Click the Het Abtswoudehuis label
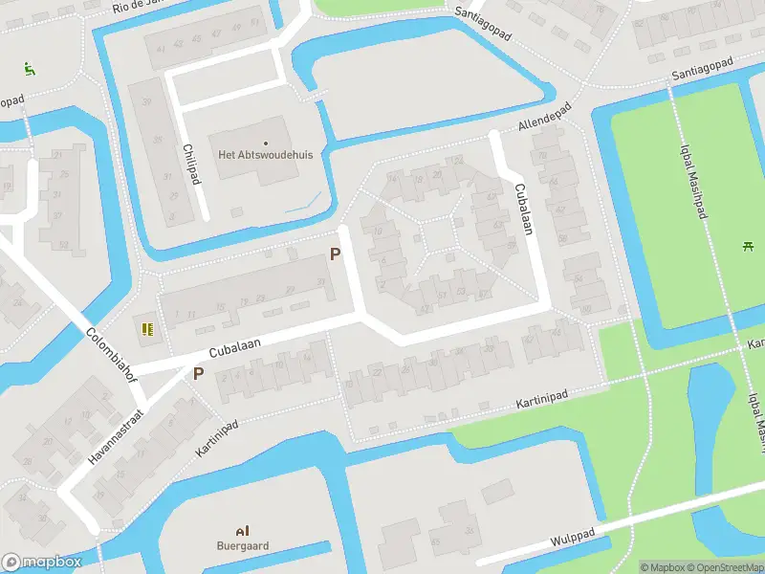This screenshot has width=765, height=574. [266, 155]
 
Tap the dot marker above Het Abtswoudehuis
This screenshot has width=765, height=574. [266, 143]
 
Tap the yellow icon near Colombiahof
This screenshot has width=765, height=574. [147, 330]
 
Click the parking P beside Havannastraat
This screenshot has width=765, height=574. [199, 374]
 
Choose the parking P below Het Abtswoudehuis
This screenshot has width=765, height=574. [335, 254]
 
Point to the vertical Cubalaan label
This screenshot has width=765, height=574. [522, 208]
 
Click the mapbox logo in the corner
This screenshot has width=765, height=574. [42, 563]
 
